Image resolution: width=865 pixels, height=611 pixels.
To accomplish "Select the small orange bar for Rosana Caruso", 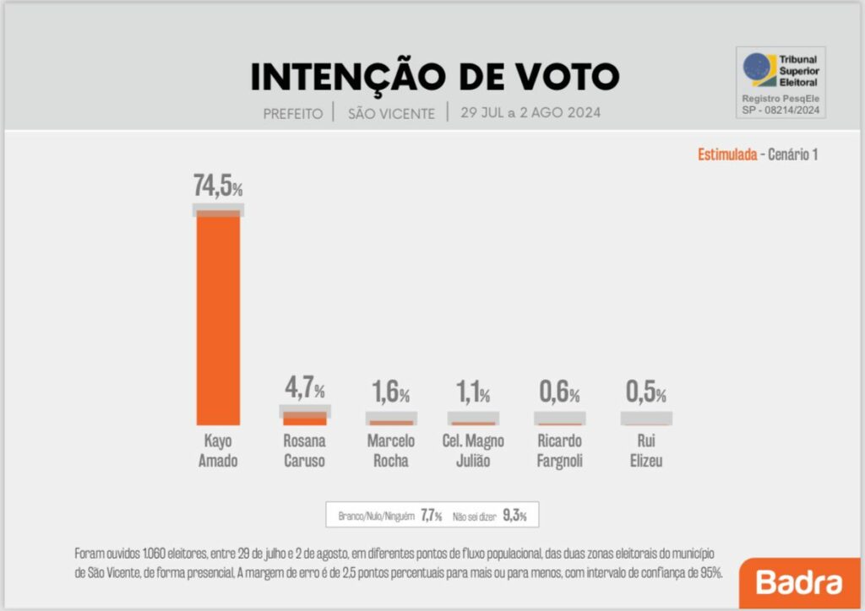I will click(304, 419).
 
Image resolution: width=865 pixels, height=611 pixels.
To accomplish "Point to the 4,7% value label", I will click(304, 389).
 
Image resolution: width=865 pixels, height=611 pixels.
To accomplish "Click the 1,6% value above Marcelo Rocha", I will click(390, 392).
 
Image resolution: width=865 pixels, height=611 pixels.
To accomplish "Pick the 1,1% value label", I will click(473, 392).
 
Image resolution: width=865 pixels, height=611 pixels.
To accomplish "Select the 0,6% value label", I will click(559, 392).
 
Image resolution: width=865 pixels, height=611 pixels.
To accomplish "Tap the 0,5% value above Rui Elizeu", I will click(645, 392).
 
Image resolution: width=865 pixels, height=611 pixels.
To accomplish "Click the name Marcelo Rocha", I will click(390, 451).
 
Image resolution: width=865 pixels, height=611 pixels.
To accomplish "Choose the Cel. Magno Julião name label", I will click(473, 451).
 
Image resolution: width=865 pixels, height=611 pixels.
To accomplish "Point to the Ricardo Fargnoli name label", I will click(559, 451).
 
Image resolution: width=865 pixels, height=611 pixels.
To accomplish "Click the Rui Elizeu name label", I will click(645, 451).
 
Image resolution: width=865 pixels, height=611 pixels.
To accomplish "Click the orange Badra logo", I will click(799, 582).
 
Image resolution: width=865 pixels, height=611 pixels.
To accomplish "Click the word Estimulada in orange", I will click(726, 154).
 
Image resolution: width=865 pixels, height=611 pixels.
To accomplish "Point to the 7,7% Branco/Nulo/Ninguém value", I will click(431, 516).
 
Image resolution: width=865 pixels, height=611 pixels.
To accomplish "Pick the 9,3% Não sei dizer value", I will click(514, 516).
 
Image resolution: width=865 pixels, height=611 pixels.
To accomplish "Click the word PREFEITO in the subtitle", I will click(292, 113).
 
